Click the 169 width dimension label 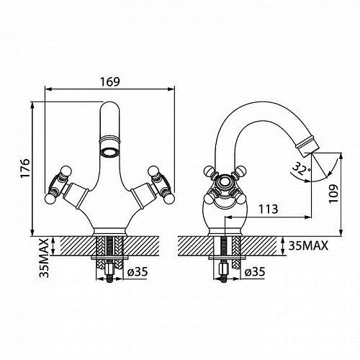[x=109, y=82]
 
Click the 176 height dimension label [x=25, y=168]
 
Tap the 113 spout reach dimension [x=268, y=209]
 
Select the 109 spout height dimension [x=333, y=194]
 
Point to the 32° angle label [x=302, y=169]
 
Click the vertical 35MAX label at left [x=44, y=258]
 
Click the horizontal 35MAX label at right [x=308, y=246]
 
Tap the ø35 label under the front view [x=138, y=271]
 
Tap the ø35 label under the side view [x=255, y=272]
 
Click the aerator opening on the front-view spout [x=109, y=152]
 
